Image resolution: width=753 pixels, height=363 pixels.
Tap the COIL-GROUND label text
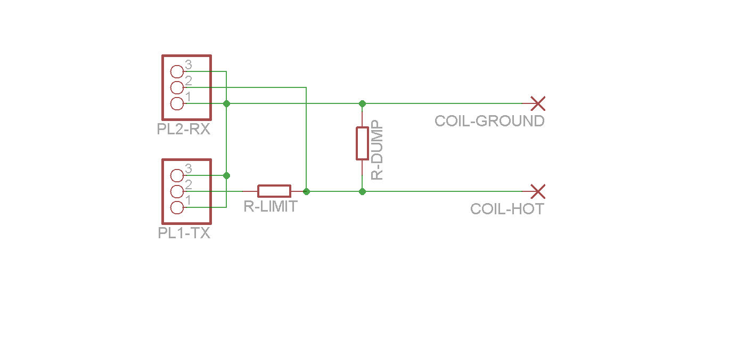(489, 121)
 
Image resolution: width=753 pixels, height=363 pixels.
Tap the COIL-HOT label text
(507, 209)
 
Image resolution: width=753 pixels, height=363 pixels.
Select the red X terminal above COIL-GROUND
(538, 103)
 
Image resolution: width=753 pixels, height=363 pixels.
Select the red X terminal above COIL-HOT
(538, 191)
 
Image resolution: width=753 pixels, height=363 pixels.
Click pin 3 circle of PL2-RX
(177, 71)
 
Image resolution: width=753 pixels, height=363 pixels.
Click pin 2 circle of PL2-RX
(177, 88)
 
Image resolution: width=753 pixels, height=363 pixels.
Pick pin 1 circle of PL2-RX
(177, 103)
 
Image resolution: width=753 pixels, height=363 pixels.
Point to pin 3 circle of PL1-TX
(177, 175)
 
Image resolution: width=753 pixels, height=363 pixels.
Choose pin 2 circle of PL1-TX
(177, 192)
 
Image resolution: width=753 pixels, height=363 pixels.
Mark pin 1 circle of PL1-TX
(177, 207)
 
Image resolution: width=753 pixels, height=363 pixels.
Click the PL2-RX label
(184, 129)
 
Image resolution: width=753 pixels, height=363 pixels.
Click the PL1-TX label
(184, 233)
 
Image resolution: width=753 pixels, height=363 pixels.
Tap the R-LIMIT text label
(271, 207)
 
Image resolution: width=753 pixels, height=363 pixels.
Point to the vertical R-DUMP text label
(377, 150)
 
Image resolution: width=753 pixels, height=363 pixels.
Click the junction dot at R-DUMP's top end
(362, 104)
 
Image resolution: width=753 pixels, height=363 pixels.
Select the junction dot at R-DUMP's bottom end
(362, 192)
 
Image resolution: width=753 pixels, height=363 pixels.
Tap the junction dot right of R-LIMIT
(306, 192)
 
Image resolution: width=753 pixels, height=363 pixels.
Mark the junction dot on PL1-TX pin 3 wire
(226, 175)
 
